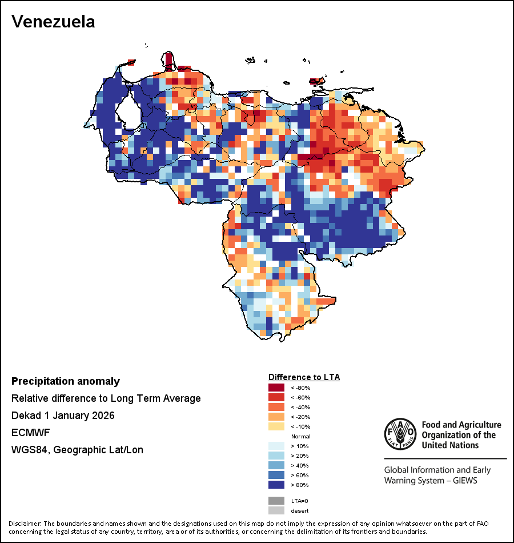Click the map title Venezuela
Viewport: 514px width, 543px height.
click(53, 22)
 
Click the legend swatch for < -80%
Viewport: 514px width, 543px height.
click(276, 388)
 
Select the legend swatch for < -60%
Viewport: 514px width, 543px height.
click(276, 397)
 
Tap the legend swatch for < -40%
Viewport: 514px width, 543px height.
click(276, 407)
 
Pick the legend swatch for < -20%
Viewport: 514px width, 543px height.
click(276, 417)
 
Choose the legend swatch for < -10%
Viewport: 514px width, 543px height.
click(276, 426)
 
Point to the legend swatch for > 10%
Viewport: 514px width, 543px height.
click(276, 446)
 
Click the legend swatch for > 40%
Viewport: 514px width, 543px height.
click(276, 465)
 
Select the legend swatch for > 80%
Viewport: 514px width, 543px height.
click(276, 485)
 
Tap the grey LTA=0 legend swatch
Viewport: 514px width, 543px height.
click(276, 501)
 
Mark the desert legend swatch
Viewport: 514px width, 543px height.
click(276, 510)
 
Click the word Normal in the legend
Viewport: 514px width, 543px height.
click(300, 436)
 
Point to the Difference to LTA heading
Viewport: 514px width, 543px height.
click(304, 377)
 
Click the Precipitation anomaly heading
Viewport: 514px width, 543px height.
click(66, 381)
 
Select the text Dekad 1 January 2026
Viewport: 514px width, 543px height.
click(63, 416)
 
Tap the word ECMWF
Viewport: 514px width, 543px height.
click(29, 433)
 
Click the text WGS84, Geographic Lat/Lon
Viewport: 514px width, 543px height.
click(77, 450)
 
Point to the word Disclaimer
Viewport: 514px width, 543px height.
click(25, 524)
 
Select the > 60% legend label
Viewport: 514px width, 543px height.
click(299, 475)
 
